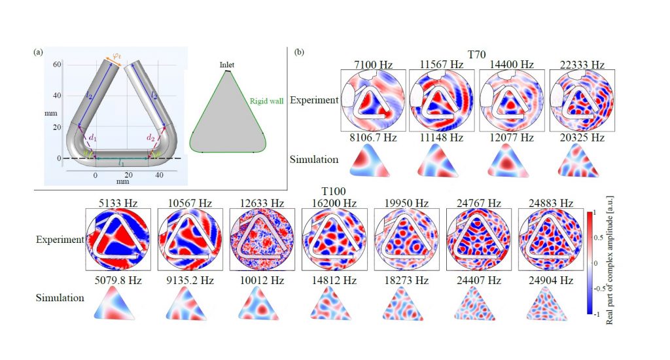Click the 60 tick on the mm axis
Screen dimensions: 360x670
point(57,63)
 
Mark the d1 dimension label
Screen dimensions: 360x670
point(93,137)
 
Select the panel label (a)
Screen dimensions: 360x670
point(40,52)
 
